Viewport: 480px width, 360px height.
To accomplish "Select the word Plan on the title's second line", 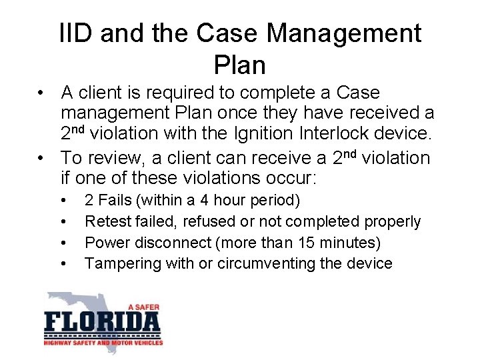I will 240,65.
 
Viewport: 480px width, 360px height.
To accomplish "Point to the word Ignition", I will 264,133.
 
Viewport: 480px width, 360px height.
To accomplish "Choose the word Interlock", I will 335,133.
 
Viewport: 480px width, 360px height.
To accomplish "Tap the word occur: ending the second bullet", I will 292,179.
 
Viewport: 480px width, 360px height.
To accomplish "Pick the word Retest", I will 107,221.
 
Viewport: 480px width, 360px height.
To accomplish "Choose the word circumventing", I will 271,263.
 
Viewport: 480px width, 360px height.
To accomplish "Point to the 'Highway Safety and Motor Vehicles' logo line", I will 103,343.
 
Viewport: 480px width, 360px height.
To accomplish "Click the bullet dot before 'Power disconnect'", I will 62,243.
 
